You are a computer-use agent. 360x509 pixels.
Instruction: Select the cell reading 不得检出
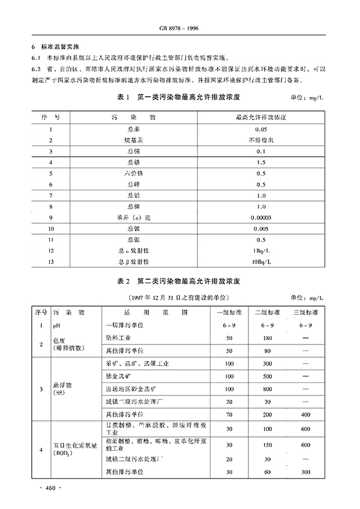pyautogui.click(x=260, y=139)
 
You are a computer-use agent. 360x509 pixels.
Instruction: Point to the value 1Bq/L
pyautogui.click(x=260, y=250)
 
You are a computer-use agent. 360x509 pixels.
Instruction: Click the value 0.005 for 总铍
pyautogui.click(x=260, y=228)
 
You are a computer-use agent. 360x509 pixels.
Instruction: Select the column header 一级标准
pyautogui.click(x=229, y=313)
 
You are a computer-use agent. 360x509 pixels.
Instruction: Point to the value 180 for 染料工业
pyautogui.click(x=268, y=338)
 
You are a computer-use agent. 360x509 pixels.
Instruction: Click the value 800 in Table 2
pyautogui.click(x=268, y=388)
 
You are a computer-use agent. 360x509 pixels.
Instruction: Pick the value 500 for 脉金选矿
pyautogui.click(x=268, y=376)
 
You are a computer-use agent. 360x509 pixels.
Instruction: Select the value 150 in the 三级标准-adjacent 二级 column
pyautogui.click(x=268, y=445)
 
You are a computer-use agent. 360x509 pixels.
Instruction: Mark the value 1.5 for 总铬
pyautogui.click(x=260, y=162)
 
